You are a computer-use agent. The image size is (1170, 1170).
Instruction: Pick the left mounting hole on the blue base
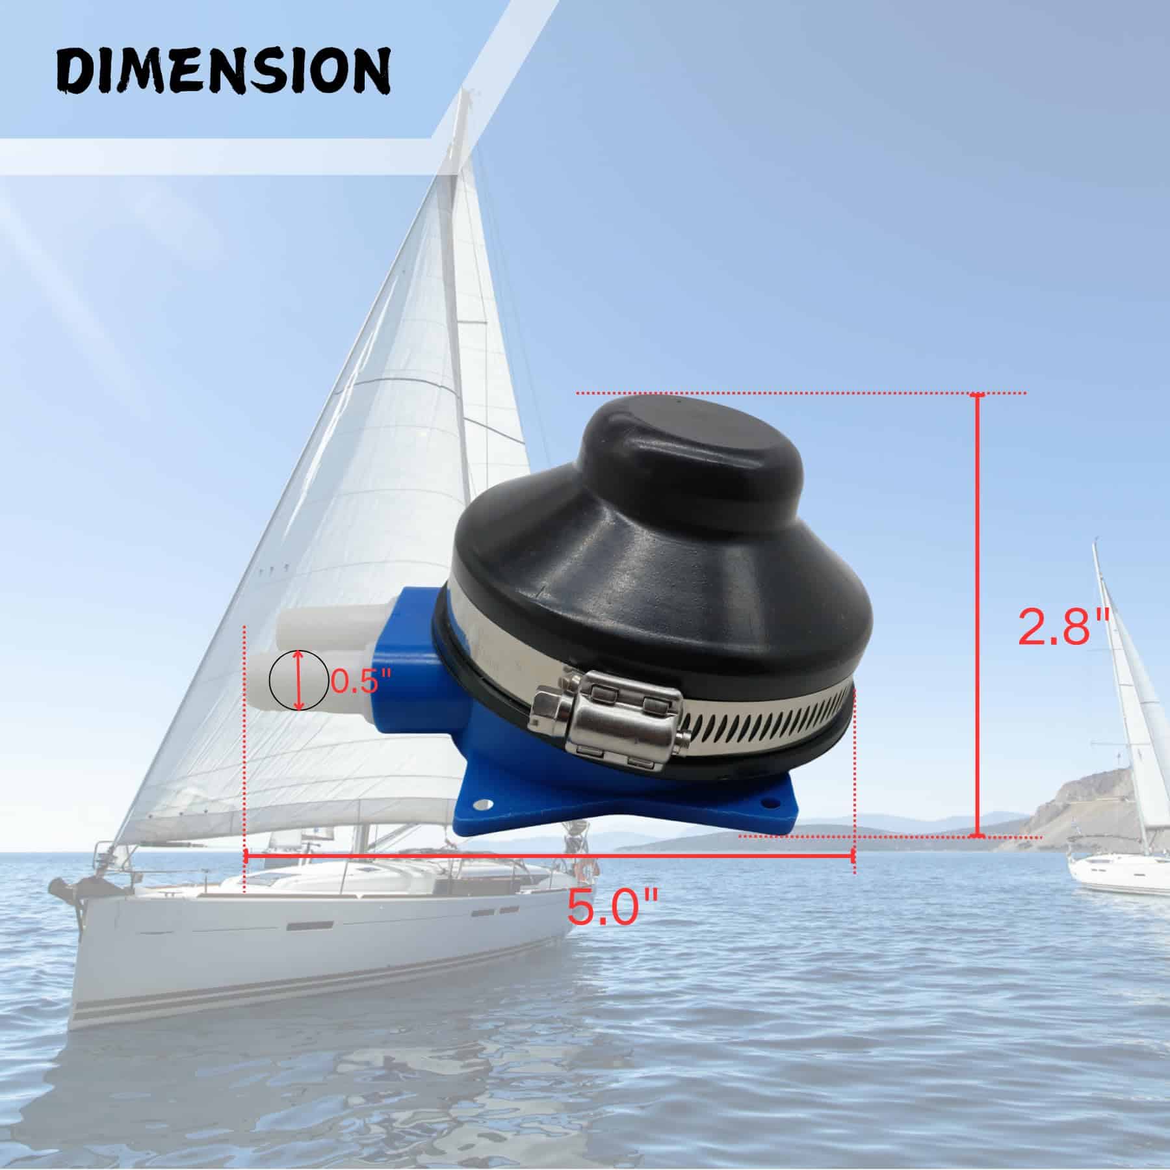(482, 805)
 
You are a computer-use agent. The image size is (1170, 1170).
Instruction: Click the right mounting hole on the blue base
(772, 803)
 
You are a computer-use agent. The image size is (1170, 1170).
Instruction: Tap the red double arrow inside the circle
(299, 681)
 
